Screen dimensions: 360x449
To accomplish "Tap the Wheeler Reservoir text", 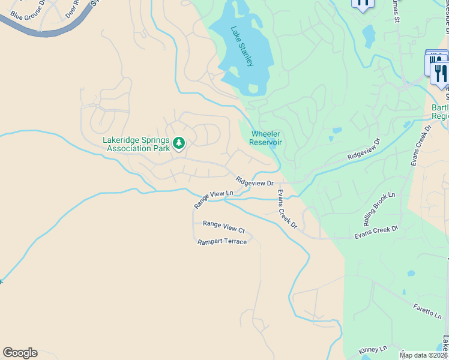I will pyautogui.click(x=265, y=138).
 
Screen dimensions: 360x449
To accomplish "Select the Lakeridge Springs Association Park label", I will pyautogui.click(x=136, y=144).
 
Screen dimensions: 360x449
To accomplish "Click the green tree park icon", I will pyautogui.click(x=179, y=143).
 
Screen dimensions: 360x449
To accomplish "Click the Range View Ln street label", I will pyautogui.click(x=213, y=199).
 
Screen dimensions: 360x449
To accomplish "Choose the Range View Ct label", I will pyautogui.click(x=224, y=227).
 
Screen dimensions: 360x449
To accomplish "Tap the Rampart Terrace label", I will pyautogui.click(x=222, y=242).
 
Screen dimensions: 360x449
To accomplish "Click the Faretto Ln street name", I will pyautogui.click(x=427, y=310).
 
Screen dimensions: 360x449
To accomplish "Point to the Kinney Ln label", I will pyautogui.click(x=372, y=349).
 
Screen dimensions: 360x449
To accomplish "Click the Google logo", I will pyautogui.click(x=20, y=353).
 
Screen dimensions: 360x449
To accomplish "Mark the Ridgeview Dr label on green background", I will pyautogui.click(x=364, y=149).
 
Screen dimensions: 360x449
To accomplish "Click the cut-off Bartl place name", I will pyautogui.click(x=440, y=112).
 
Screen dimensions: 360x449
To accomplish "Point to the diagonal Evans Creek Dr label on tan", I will pyautogui.click(x=286, y=209).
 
